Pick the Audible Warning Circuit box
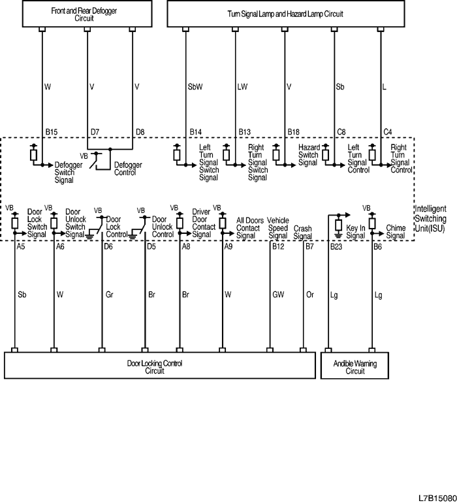[355, 366]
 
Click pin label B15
[52, 132]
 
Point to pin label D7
[95, 132]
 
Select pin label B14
[195, 132]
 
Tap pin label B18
[294, 132]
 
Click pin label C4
[386, 132]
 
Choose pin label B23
[336, 247]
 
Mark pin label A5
[21, 247]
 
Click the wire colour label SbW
[195, 86]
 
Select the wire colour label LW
[242, 86]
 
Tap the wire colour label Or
[309, 295]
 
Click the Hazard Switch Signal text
[309, 155]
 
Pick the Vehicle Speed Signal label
[277, 228]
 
